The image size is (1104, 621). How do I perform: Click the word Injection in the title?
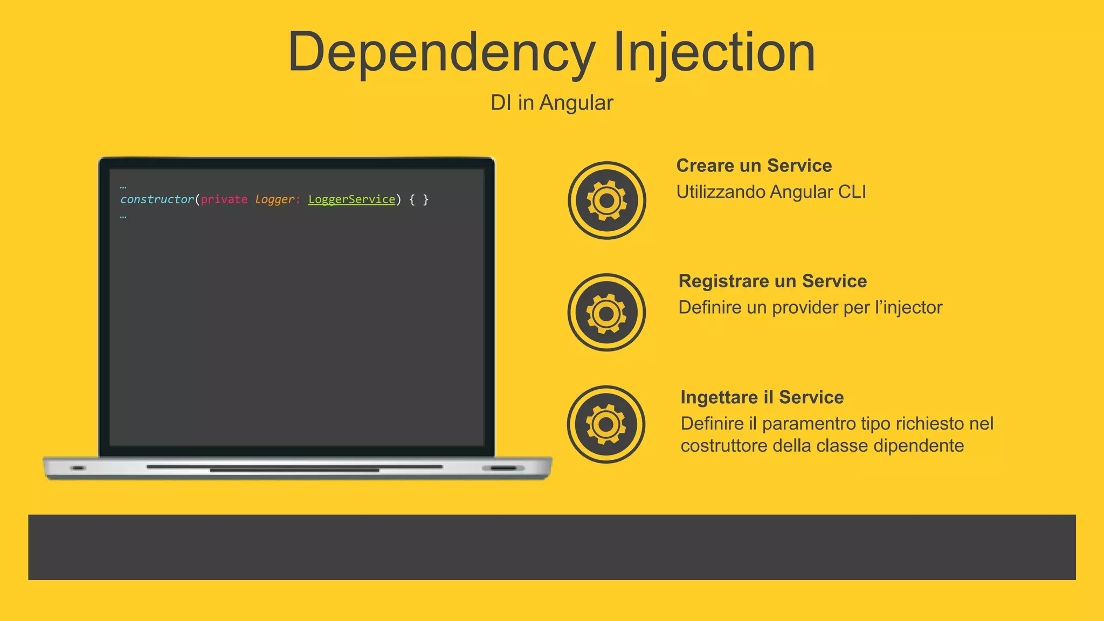tap(714, 53)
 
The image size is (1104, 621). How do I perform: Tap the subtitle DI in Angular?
tap(551, 102)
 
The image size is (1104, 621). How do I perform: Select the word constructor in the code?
tap(157, 199)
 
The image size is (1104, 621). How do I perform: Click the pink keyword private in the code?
tap(224, 199)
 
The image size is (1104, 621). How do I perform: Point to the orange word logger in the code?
tap(275, 199)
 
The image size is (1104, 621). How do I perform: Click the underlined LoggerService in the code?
tap(351, 199)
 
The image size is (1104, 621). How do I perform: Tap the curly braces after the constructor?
tap(419, 199)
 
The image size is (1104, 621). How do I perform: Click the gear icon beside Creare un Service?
tap(606, 201)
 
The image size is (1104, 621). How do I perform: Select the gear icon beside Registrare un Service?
tap(606, 313)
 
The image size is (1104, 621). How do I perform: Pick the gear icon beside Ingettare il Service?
tap(606, 424)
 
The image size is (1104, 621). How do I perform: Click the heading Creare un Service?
tap(754, 165)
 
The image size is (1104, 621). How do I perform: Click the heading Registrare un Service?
tap(772, 281)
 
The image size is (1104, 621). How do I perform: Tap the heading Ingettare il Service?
tap(762, 397)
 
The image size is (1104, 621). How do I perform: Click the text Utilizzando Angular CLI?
tap(771, 192)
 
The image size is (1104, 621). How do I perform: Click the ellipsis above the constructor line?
tap(123, 187)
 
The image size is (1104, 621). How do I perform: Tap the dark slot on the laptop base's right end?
tap(503, 468)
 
